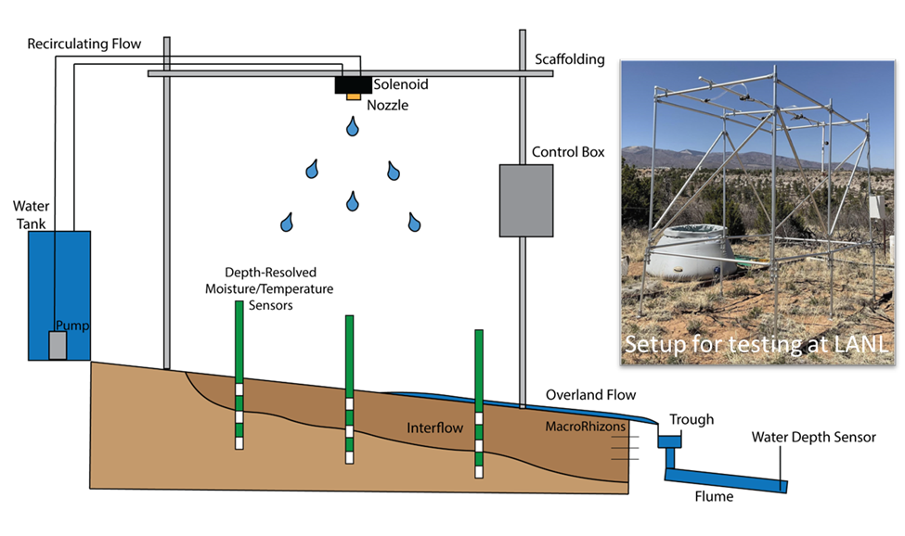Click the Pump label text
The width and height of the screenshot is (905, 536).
(x=71, y=325)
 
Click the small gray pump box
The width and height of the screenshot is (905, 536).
(x=58, y=346)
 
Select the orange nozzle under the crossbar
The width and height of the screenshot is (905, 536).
(x=353, y=96)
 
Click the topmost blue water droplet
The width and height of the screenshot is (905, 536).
(x=353, y=128)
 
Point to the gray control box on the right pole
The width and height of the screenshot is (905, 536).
(x=525, y=200)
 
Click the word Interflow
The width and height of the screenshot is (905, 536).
(x=435, y=429)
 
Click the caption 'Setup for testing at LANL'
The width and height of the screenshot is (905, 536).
(x=756, y=344)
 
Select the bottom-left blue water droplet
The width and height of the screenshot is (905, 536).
(x=288, y=223)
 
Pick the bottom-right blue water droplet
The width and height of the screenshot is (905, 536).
(x=414, y=223)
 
